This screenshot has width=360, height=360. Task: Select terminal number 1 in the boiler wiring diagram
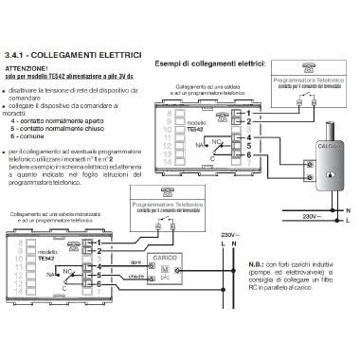coord(249,112)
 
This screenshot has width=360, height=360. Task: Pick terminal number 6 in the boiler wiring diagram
coord(249,153)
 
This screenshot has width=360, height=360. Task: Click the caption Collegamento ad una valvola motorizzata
coord(57,219)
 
